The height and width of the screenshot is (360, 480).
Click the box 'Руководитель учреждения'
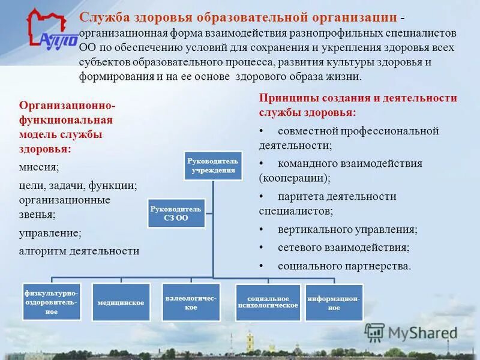[212, 165]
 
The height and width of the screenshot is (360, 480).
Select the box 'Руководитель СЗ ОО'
[176, 213]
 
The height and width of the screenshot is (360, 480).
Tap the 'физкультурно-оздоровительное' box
[52, 302]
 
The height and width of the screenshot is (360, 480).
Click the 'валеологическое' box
[191, 302]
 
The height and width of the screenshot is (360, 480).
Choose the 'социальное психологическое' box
[268, 302]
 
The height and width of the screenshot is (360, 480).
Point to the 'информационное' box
[334, 302]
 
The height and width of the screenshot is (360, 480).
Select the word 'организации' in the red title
[358, 17]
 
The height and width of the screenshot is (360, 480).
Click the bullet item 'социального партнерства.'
[344, 265]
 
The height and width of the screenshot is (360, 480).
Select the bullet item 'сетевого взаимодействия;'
[343, 247]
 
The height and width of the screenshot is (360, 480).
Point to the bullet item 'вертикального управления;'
[347, 229]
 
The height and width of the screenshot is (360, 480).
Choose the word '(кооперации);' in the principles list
[295, 178]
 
